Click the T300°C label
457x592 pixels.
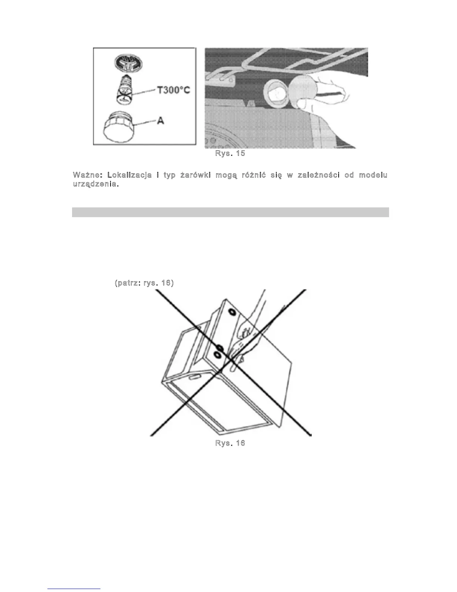pyautogui.click(x=173, y=91)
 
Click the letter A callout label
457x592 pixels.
pyautogui.click(x=161, y=121)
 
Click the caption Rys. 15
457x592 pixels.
pyautogui.click(x=230, y=153)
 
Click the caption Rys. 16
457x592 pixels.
pyautogui.click(x=230, y=443)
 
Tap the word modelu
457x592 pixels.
pyautogui.click(x=373, y=175)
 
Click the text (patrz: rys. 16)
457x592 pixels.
pyautogui.click(x=144, y=283)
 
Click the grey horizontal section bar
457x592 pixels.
pyautogui.click(x=230, y=212)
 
